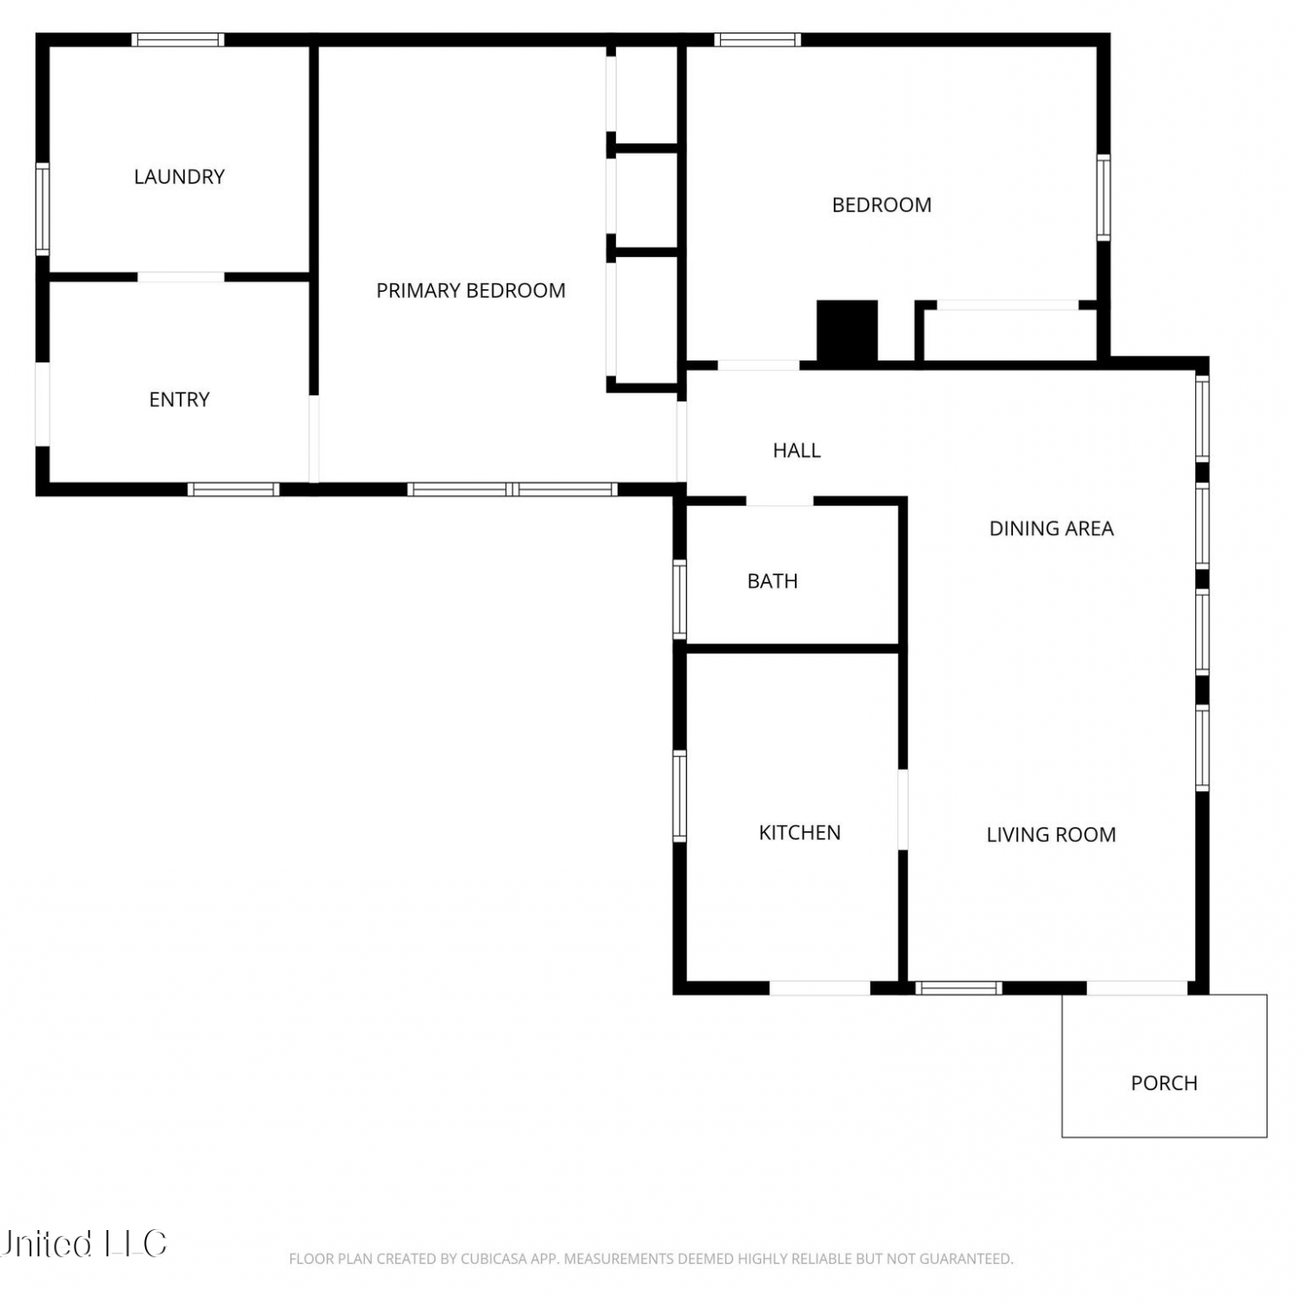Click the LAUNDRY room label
click(179, 177)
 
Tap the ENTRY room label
click(179, 400)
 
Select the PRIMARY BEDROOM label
click(471, 291)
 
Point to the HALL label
click(797, 450)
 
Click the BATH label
click(772, 581)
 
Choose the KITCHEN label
click(799, 833)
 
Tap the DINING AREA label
click(1051, 528)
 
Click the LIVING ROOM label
click(1051, 835)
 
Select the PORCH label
click(1164, 1083)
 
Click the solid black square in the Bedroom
click(847, 330)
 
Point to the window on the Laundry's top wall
click(178, 39)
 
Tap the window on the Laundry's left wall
click(42, 209)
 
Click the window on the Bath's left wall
click(679, 599)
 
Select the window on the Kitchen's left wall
click(679, 796)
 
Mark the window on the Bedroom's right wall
click(1103, 197)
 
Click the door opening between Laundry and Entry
click(181, 277)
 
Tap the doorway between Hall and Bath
click(779, 501)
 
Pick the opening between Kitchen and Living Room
click(903, 809)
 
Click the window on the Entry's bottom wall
click(234, 489)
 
